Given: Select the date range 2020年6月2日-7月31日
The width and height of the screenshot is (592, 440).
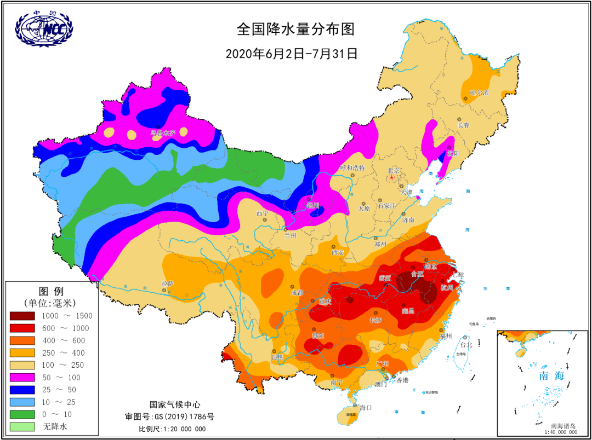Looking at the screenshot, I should point(292,54).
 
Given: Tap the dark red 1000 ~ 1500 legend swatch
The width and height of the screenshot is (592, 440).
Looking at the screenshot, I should point(22,316).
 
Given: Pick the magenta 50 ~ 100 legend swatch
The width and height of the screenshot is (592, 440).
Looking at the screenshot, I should point(22,378).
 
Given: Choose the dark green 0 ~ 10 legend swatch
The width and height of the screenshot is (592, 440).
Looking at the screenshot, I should point(22,414).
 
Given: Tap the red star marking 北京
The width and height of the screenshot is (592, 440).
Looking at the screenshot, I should point(391,177).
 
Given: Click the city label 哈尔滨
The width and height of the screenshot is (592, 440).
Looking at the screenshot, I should point(479,92).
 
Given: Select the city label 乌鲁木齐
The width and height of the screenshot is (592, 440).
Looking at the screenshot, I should point(163,132).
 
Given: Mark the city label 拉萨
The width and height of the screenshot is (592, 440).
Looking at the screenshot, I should point(167,283).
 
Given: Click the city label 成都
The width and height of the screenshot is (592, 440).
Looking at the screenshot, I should point(297,293).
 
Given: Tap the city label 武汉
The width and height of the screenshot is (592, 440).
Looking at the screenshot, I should point(385,278).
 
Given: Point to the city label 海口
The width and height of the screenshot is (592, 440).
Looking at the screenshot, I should point(366,408).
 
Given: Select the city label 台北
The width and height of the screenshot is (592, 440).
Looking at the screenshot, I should point(465,345).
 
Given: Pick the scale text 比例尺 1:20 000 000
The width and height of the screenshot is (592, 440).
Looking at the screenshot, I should point(172,429).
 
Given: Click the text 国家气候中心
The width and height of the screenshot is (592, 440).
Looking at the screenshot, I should point(172,404).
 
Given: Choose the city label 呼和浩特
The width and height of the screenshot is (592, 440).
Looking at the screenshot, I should point(352,168).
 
